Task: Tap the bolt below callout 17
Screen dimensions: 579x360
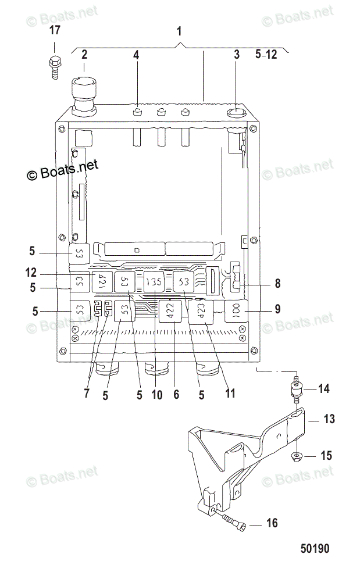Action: pos(54,66)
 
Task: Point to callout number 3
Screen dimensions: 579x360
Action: pos(237,55)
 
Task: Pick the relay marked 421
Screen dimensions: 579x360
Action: pos(103,281)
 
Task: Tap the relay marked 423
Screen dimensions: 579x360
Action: pos(199,312)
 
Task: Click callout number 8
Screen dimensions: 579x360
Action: pos(277,284)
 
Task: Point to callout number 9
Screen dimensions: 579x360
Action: pos(277,309)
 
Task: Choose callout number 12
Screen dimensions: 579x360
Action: pos(31,272)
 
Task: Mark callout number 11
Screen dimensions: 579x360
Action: pos(230,393)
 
